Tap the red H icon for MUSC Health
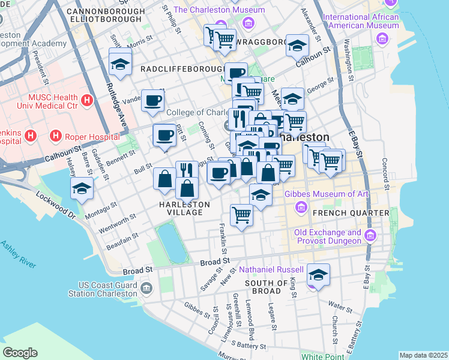click(88, 98)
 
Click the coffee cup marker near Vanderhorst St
click(152, 100)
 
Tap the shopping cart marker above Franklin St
click(241, 214)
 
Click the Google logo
click(20, 353)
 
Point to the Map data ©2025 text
click(423, 355)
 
